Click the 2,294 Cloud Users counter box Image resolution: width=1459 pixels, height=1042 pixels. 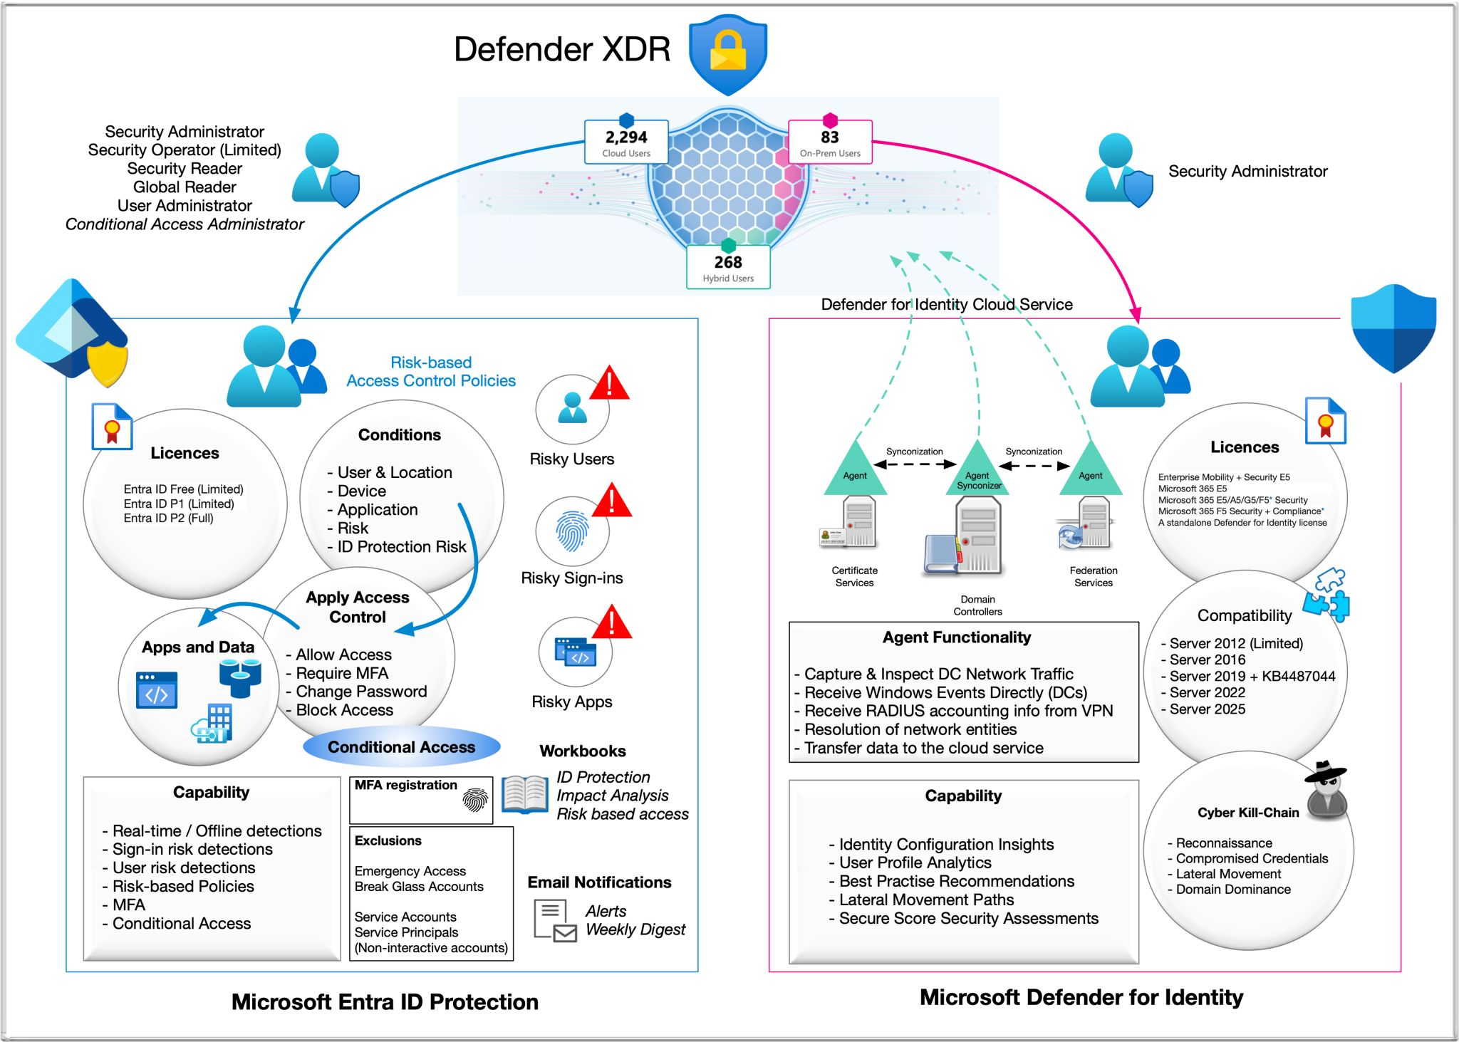(626, 142)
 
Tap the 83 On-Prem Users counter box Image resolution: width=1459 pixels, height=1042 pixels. (830, 142)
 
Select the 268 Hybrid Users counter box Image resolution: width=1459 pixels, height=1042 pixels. (728, 268)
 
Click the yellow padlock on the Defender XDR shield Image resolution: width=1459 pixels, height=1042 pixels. (727, 51)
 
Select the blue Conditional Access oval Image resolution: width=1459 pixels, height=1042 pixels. (401, 747)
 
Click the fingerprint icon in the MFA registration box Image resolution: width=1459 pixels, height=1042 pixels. (475, 801)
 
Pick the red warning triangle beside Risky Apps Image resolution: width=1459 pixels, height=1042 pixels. (611, 622)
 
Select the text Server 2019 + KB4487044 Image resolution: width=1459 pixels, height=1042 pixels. (1252, 676)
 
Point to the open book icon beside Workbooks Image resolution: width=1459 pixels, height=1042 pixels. (524, 795)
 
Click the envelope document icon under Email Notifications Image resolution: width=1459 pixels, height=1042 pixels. (555, 920)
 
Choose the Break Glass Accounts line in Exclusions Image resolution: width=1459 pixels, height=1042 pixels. (419, 887)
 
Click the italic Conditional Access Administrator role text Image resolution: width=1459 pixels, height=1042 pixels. (185, 224)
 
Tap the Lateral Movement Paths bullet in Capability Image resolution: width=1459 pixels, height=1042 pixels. (926, 900)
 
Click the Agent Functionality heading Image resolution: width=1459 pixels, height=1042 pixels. (956, 637)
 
